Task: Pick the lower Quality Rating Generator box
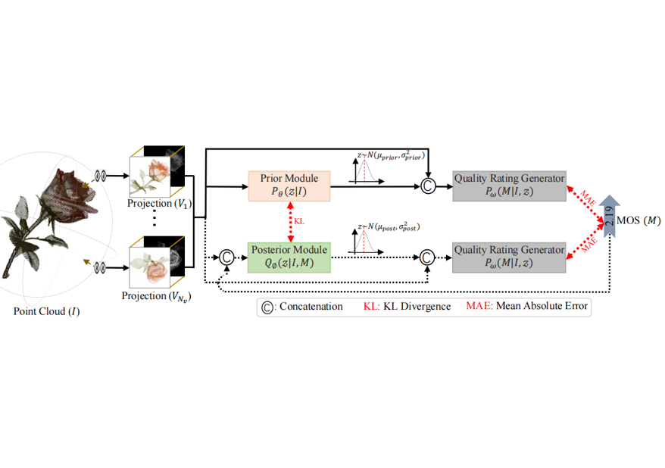[509, 257]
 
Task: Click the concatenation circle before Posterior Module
[225, 257]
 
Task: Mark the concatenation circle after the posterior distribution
[428, 257]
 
